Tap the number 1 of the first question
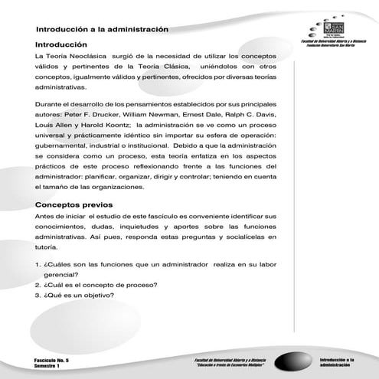point(37,264)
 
